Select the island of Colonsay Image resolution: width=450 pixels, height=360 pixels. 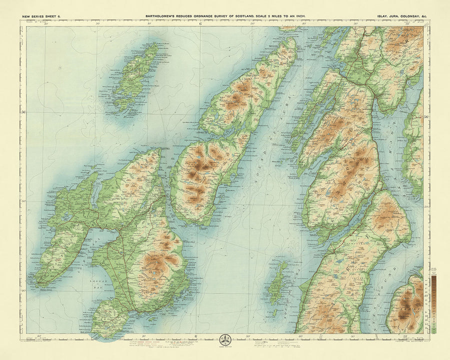click(x=131, y=77)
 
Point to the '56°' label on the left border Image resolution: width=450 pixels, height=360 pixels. click(x=23, y=112)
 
